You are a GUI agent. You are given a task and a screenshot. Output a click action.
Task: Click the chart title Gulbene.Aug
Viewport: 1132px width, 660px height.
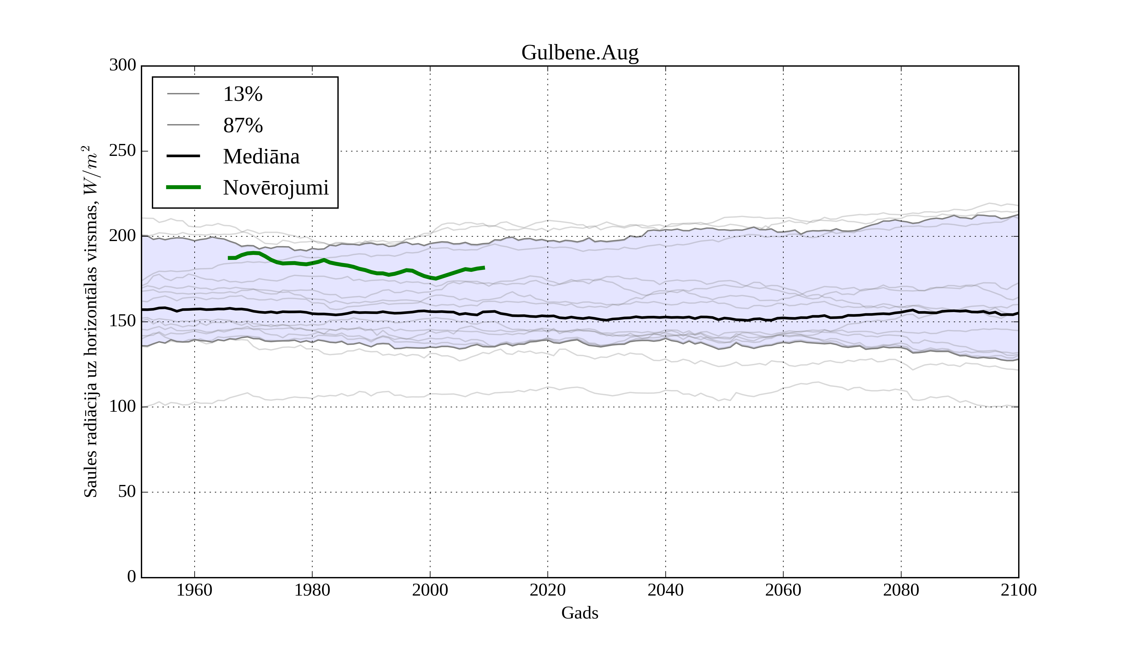tap(580, 53)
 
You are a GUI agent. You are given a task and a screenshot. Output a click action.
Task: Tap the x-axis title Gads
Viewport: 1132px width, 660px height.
tap(580, 613)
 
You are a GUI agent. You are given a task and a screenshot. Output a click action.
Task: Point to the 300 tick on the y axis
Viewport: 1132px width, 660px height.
tap(123, 66)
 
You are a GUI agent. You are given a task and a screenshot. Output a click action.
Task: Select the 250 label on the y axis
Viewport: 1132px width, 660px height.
tap(123, 151)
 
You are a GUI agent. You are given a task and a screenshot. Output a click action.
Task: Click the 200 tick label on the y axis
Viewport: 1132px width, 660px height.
tap(123, 236)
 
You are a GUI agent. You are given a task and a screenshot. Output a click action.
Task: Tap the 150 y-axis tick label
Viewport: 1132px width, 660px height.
tap(123, 322)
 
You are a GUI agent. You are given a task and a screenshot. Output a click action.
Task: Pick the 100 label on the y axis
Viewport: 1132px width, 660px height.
tap(123, 407)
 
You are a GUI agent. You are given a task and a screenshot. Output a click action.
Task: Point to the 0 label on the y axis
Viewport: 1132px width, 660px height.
tap(132, 577)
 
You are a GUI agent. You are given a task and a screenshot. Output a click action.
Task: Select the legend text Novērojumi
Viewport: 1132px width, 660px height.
tap(276, 188)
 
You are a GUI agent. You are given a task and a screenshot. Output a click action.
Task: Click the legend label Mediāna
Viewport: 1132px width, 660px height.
tap(261, 157)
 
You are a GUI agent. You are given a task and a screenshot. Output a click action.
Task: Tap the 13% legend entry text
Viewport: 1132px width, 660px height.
tap(242, 94)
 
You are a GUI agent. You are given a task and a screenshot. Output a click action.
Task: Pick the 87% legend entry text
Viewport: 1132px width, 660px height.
tap(242, 126)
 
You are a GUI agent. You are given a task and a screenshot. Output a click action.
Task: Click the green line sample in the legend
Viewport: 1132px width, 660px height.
tap(183, 187)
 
